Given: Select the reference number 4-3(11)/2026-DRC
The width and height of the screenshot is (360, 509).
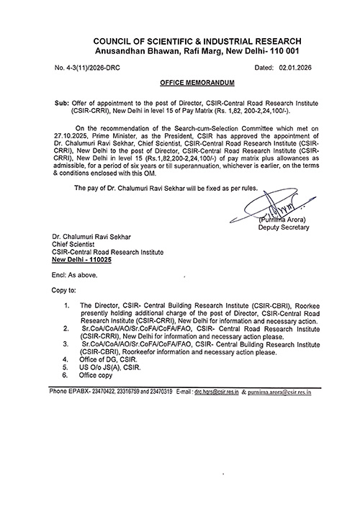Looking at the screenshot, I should coord(90,67).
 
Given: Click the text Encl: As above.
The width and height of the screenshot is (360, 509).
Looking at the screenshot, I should coord(73,274).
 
